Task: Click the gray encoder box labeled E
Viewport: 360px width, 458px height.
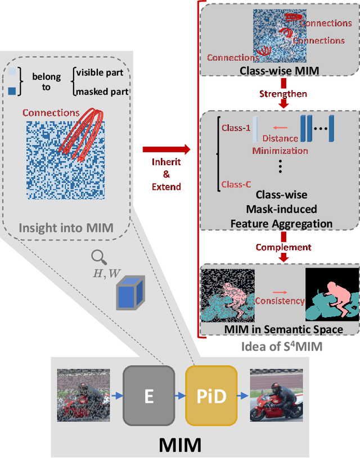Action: click(148, 396)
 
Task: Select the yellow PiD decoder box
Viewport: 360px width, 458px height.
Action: click(212, 396)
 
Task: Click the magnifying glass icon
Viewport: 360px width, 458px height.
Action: click(100, 257)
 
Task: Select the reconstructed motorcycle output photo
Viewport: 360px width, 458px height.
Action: click(276, 395)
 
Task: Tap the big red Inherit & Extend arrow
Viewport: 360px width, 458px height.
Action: click(166, 149)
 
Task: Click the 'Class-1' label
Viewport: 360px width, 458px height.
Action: click(236, 128)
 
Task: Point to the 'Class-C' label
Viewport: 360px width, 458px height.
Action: click(236, 184)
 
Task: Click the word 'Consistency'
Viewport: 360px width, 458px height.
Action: click(280, 301)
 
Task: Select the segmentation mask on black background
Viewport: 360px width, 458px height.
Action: click(331, 292)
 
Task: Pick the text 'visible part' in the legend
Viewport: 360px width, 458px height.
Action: click(102, 72)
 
